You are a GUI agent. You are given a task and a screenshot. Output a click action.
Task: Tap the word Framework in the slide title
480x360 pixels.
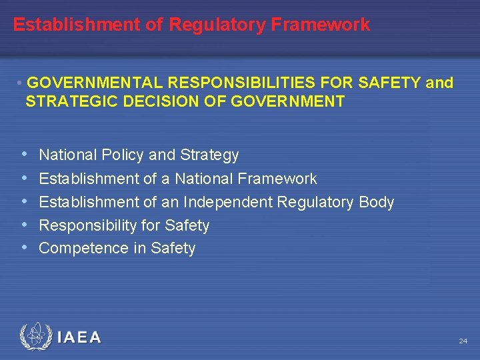[321, 25]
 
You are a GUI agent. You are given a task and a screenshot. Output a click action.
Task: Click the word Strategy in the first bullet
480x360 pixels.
[209, 155]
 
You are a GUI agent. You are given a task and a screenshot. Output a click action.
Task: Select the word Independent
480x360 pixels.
[225, 202]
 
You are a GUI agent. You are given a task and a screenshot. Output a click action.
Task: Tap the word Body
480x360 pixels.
[377, 202]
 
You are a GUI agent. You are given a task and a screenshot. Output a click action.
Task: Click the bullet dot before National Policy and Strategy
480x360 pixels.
[25, 155]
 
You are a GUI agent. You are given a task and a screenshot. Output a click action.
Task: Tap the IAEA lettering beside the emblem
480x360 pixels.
[79, 338]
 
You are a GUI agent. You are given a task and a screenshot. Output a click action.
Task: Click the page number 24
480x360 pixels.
[463, 341]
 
